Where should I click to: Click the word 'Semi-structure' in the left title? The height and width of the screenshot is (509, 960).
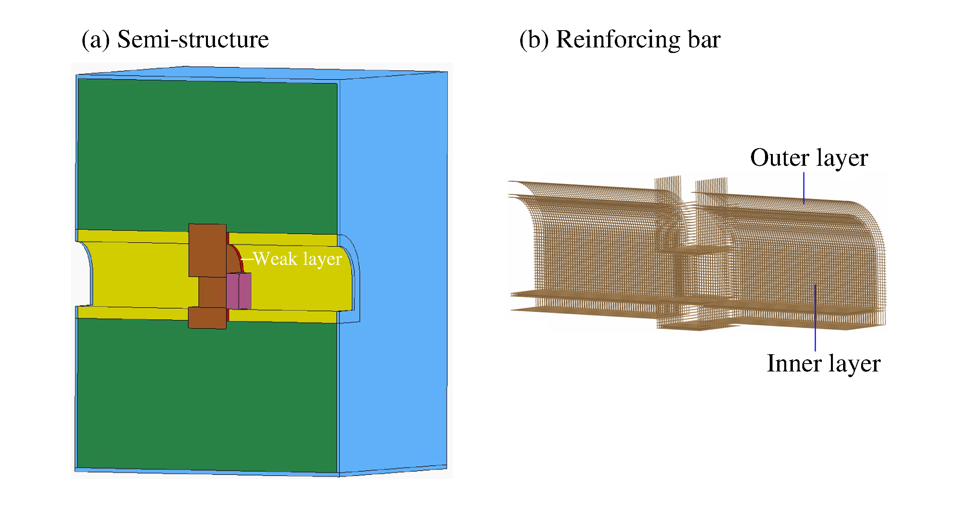[193, 40]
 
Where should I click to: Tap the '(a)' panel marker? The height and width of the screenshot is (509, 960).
[96, 40]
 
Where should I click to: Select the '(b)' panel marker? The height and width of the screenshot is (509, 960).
[534, 40]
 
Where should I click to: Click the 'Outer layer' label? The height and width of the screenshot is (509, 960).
[809, 158]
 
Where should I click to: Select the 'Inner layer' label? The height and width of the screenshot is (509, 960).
[823, 364]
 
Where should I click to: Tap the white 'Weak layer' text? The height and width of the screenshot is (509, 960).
[298, 259]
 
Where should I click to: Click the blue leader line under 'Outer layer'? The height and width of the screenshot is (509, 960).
[804, 188]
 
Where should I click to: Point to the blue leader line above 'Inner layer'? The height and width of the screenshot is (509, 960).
[815, 318]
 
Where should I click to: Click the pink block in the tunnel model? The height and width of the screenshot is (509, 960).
[239, 291]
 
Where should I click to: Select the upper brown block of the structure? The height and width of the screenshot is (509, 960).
[208, 250]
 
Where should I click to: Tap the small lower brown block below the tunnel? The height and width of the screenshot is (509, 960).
[207, 318]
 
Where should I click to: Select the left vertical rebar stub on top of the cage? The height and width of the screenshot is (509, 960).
[667, 184]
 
